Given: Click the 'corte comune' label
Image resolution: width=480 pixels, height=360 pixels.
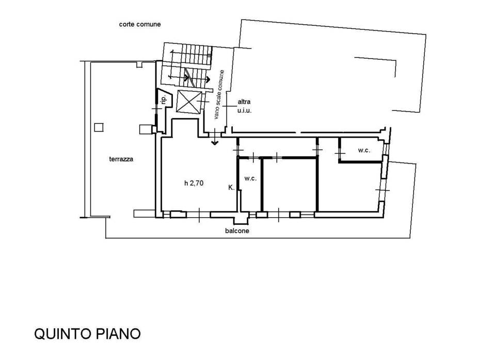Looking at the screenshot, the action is [140, 24].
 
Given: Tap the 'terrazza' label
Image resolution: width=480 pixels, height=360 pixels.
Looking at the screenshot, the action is [121, 159].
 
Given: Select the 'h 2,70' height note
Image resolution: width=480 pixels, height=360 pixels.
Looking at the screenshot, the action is [194, 183].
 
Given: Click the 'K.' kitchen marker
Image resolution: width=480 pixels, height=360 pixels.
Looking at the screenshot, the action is [231, 188].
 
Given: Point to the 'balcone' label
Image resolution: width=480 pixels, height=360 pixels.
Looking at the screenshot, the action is [237, 231].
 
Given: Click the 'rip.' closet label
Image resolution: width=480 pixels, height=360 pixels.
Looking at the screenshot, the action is [164, 99].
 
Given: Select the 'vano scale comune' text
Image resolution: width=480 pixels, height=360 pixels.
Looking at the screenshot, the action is [219, 94].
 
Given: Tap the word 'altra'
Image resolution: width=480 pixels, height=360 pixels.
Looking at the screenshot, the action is [244, 102].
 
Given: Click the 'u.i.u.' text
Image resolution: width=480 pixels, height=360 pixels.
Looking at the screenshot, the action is [244, 110].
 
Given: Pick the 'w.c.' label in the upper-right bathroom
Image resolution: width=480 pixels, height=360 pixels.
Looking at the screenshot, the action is [364, 150].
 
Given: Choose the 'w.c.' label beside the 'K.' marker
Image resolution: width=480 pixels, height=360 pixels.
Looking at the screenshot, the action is [250, 178].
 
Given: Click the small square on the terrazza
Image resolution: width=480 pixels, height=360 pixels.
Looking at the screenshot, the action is [99, 127].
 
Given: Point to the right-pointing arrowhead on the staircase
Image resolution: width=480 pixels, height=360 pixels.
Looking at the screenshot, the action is [208, 79].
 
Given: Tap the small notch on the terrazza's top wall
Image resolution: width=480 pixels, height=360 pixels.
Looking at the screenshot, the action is [139, 64].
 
